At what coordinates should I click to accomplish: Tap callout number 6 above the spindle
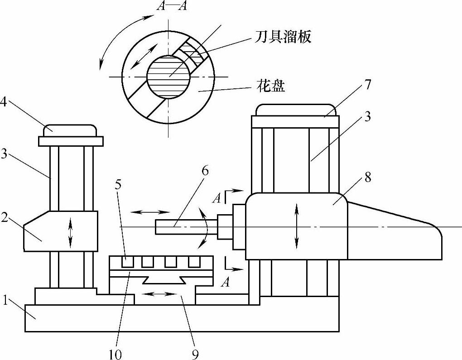click(205, 170)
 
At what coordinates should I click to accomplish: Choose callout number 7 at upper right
click(367, 85)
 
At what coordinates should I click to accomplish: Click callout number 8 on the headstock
click(367, 178)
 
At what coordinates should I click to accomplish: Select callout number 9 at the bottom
click(195, 353)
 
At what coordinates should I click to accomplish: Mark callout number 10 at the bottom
click(115, 353)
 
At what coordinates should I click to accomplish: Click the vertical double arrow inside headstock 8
click(297, 225)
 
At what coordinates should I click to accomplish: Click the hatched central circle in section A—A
click(168, 77)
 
